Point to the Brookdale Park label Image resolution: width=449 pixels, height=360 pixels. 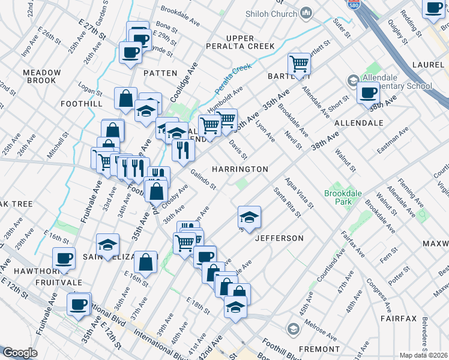tap(344, 198)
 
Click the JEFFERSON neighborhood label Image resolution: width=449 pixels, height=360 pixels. tap(279, 238)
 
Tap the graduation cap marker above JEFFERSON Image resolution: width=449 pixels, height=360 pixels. tap(249, 217)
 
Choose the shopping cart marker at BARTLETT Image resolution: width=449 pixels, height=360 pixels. tap(299, 64)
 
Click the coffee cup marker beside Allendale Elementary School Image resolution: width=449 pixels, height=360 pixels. tap(368, 93)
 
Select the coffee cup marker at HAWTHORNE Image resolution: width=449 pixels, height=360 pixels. tap(64, 259)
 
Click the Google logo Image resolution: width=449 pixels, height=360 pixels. tap(20, 353)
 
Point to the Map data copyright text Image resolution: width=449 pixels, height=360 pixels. tap(423, 355)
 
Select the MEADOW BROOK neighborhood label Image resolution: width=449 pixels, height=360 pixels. tap(41, 76)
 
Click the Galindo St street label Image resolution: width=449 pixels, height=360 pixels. tap(203, 179)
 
